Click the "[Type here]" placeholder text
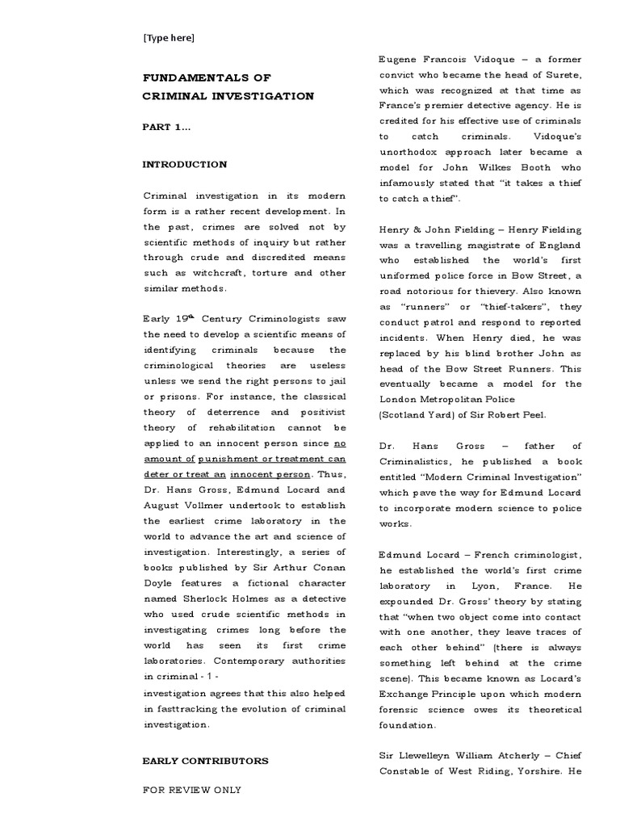(168, 37)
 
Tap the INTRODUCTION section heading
(184, 165)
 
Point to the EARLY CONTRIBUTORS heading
(205, 761)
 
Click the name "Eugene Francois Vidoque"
(447, 60)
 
